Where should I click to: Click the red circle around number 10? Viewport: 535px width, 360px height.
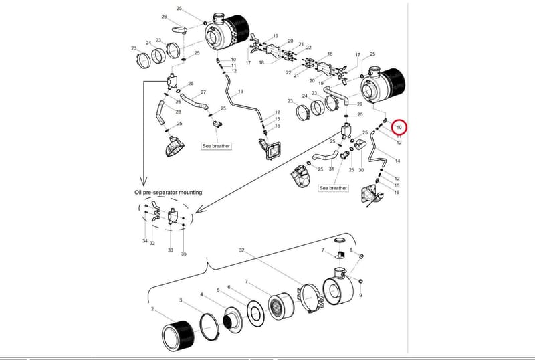[399, 127]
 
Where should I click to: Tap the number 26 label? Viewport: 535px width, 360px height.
[164, 17]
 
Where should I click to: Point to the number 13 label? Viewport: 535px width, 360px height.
[241, 91]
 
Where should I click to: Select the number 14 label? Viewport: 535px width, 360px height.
[397, 161]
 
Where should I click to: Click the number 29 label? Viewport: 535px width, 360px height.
[360, 104]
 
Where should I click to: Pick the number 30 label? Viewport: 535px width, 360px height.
[361, 170]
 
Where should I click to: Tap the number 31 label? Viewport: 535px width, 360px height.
[331, 169]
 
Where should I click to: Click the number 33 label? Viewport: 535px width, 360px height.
[171, 250]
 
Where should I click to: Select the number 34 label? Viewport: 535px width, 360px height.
[145, 241]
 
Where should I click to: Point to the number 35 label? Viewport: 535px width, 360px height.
[184, 254]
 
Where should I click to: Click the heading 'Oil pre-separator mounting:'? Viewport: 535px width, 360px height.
[169, 192]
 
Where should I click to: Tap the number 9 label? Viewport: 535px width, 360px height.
[360, 295]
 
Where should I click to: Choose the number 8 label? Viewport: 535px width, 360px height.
[350, 250]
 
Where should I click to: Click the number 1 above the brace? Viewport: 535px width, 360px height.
[207, 258]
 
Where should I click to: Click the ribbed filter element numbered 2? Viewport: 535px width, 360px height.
[177, 336]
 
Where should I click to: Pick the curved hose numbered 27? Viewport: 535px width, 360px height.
[193, 101]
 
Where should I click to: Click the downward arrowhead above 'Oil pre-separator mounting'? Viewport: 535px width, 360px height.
[144, 181]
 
